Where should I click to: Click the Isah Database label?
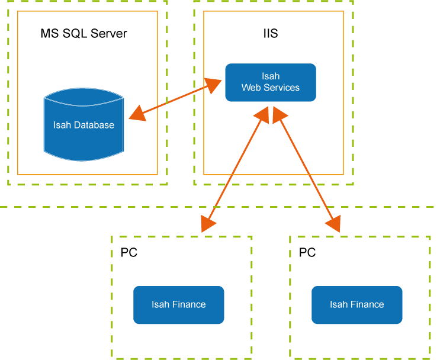click(x=83, y=125)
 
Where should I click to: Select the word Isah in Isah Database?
click(x=62, y=125)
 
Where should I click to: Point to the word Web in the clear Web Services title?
click(x=250, y=88)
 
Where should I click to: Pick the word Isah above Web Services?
click(x=271, y=76)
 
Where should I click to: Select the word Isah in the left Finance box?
click(x=160, y=304)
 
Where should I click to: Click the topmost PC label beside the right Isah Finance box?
click(x=307, y=252)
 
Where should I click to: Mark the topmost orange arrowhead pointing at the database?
click(x=137, y=112)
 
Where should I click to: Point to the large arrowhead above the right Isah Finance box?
click(x=335, y=224)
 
